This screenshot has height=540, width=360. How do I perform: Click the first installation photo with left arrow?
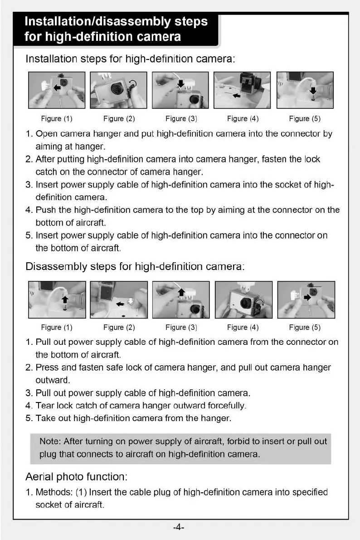pyautogui.click(x=57, y=90)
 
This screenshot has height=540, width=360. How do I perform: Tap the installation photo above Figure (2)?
pyautogui.click(x=118, y=90)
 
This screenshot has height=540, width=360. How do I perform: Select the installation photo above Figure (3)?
pyautogui.click(x=180, y=90)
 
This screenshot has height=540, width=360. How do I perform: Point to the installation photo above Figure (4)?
pyautogui.click(x=242, y=90)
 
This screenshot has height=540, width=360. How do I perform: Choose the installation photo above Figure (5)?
pyautogui.click(x=305, y=90)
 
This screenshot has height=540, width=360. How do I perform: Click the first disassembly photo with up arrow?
pyautogui.click(x=57, y=299)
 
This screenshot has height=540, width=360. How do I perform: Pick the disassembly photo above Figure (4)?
pyautogui.click(x=243, y=299)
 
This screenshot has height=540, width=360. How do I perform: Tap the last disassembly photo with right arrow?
pyautogui.click(x=306, y=299)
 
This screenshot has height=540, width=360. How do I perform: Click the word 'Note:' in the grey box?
pyautogui.click(x=50, y=442)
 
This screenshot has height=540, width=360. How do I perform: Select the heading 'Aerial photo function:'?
pyautogui.click(x=76, y=477)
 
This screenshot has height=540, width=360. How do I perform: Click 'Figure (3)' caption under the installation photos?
pyautogui.click(x=180, y=119)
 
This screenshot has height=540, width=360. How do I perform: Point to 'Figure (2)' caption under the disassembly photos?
pyautogui.click(x=119, y=328)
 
